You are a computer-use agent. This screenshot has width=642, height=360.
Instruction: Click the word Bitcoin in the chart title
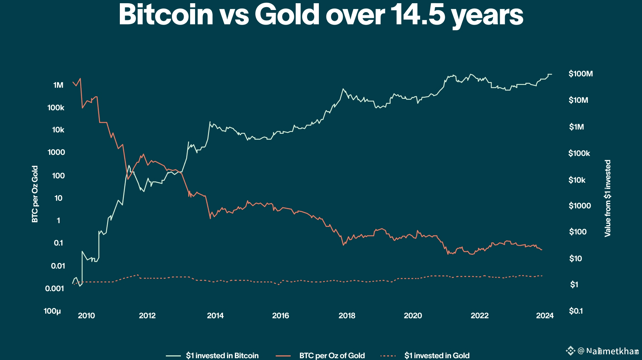coord(166,15)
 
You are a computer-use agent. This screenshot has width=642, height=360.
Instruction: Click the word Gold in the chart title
coord(287,15)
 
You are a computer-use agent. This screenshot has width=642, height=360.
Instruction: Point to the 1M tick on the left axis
coord(58,85)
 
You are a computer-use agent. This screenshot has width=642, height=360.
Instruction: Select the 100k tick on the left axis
coord(56,107)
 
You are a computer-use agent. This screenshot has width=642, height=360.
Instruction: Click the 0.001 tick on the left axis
coord(54,288)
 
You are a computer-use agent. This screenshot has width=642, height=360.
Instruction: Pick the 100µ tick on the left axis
coord(52,311)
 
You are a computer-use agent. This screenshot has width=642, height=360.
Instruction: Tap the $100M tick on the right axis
coord(580,74)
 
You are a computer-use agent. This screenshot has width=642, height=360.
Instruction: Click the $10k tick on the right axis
coord(577,180)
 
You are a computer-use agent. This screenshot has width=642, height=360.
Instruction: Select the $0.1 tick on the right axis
coord(576,311)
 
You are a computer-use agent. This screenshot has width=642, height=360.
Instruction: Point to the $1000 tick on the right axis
coord(580,206)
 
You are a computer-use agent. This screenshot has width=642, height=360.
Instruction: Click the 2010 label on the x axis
coord(86,316)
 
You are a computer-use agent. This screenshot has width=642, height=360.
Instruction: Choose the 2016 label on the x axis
coord(280,316)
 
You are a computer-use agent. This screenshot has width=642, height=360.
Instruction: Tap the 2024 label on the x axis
coord(545,316)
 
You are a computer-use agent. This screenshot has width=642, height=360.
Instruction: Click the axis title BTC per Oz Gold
coord(35,194)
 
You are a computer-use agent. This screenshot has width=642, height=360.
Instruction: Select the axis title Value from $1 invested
coord(608,198)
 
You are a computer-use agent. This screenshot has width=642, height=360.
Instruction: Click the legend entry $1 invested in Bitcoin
coord(222,355)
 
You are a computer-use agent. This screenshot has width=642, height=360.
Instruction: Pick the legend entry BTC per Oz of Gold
coord(332,355)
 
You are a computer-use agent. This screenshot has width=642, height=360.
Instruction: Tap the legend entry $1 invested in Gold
coord(437,355)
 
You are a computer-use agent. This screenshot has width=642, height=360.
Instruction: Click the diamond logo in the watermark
coord(570,351)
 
